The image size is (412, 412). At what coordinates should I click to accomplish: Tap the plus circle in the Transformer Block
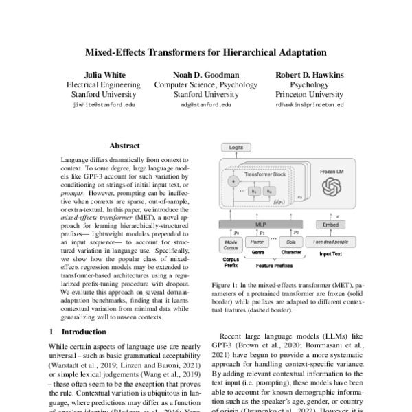[x=233, y=181]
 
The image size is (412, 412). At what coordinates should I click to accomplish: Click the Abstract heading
[x=124, y=146]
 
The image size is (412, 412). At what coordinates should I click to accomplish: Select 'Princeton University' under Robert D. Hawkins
[x=309, y=95]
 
